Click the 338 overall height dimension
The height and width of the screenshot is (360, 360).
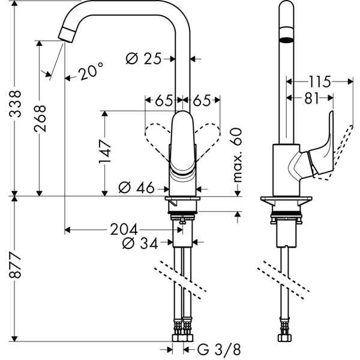15,104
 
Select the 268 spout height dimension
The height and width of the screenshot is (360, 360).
40,118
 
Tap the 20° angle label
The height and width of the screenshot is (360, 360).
91,71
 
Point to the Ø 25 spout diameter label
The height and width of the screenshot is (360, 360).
144,59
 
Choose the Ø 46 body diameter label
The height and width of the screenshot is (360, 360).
136,188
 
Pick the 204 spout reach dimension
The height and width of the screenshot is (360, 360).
124,229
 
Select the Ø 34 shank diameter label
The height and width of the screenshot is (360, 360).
140,243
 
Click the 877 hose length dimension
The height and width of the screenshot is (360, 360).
15,265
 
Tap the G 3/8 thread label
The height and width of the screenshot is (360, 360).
219,350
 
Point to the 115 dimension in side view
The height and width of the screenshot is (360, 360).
320,82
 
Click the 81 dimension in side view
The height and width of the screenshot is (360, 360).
312,98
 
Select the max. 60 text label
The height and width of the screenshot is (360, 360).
238,155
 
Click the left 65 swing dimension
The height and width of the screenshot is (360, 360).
164,100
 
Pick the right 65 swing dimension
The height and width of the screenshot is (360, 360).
202,100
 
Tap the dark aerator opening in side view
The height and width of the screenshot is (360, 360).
287,40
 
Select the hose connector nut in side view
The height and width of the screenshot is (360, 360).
284,338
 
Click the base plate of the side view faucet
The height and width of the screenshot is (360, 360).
286,199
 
